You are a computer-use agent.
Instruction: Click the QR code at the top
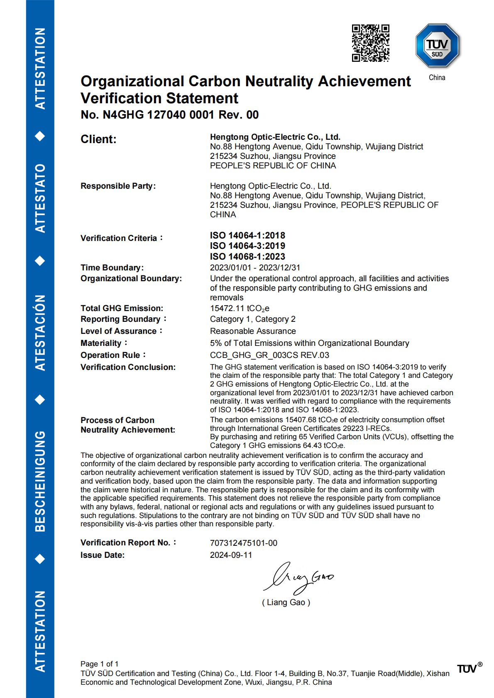(x=370, y=43)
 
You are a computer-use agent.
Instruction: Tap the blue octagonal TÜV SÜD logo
(x=437, y=46)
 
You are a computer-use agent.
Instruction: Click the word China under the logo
(x=437, y=78)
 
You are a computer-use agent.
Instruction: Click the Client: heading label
(x=98, y=139)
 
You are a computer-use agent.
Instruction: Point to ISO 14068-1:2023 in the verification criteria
(x=247, y=257)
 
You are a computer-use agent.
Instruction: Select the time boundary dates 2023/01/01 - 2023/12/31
(x=255, y=268)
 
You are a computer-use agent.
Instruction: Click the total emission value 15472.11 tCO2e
(x=240, y=308)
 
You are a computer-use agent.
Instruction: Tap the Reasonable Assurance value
(x=253, y=331)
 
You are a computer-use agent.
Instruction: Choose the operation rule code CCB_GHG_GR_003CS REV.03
(x=269, y=355)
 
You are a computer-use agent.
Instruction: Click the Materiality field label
(x=101, y=343)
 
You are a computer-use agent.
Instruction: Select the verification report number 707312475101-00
(x=243, y=543)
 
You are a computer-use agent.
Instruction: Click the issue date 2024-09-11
(x=231, y=555)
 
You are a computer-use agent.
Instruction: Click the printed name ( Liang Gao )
(x=286, y=602)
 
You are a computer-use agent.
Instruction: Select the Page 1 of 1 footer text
(x=99, y=664)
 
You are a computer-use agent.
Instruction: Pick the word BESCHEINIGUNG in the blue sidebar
(x=40, y=481)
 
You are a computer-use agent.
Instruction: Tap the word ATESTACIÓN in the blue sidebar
(x=40, y=333)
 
